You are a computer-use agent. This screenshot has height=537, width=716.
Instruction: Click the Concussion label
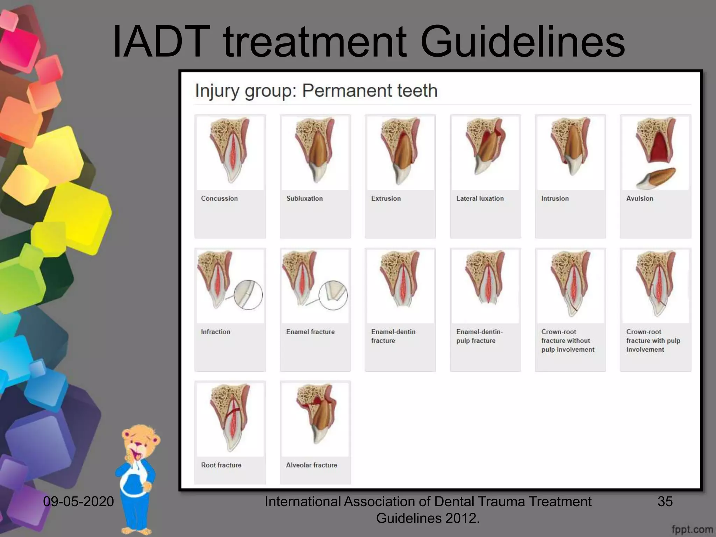point(219,198)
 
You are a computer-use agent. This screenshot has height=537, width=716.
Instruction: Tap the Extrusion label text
point(386,198)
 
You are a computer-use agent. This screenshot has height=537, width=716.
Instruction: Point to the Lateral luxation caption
point(480,198)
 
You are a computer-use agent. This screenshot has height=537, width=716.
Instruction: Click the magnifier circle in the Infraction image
point(248,295)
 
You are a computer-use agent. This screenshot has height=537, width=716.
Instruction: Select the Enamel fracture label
point(310,332)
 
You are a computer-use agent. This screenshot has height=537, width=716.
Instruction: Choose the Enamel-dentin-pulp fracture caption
point(479,336)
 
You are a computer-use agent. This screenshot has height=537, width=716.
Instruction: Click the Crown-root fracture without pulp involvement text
point(567,341)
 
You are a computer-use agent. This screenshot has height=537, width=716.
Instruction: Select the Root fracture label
point(221,465)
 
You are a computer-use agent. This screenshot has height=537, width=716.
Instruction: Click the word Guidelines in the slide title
point(522,42)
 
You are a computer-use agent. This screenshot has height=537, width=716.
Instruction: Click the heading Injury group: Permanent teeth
point(316,91)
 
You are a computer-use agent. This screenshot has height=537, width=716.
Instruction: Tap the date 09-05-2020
point(78,501)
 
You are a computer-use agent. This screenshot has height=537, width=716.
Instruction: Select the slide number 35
point(665,501)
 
